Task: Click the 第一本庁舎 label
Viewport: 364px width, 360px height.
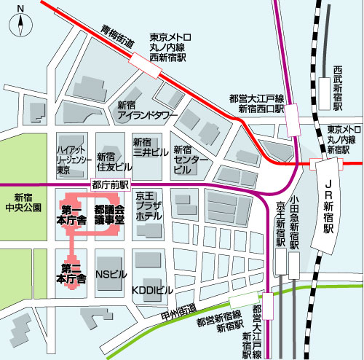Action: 72,214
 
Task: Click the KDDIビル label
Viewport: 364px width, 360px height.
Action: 152,290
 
